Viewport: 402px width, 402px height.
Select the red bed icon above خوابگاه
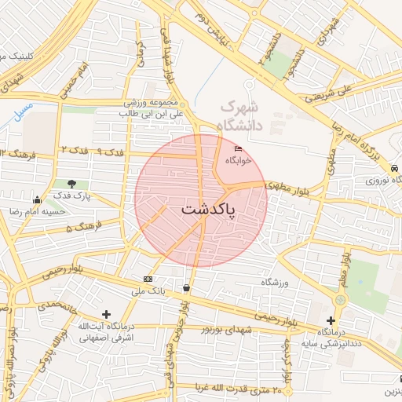tap(239, 149)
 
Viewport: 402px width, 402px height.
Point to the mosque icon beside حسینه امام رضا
tap(37, 199)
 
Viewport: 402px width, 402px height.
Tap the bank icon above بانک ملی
tap(148, 280)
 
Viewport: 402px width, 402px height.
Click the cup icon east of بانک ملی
tap(186, 287)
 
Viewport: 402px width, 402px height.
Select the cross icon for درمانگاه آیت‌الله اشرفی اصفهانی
tap(106, 314)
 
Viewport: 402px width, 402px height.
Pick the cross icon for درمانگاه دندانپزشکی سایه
tap(331, 320)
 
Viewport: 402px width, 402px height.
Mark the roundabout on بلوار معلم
tap(341, 300)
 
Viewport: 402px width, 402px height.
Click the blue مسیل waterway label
tap(24, 110)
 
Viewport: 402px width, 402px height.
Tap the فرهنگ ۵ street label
tap(79, 228)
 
